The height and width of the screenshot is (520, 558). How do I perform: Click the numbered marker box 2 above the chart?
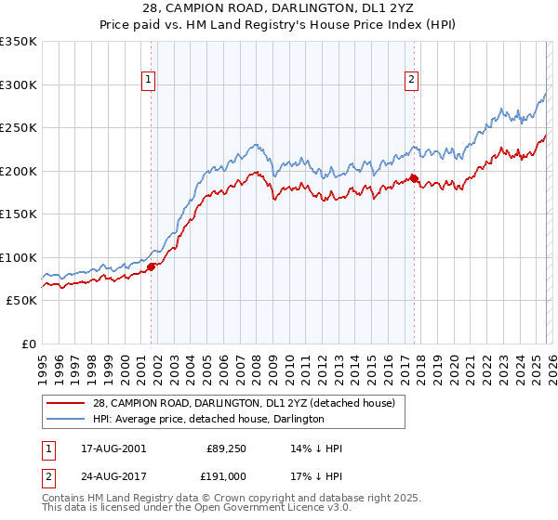click(x=411, y=81)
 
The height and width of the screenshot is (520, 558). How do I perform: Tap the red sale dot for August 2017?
click(x=414, y=179)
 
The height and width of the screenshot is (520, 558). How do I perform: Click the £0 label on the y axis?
click(x=28, y=344)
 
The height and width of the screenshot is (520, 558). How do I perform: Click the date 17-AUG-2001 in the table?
click(x=113, y=448)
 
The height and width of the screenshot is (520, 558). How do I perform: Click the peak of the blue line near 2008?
click(x=253, y=145)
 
